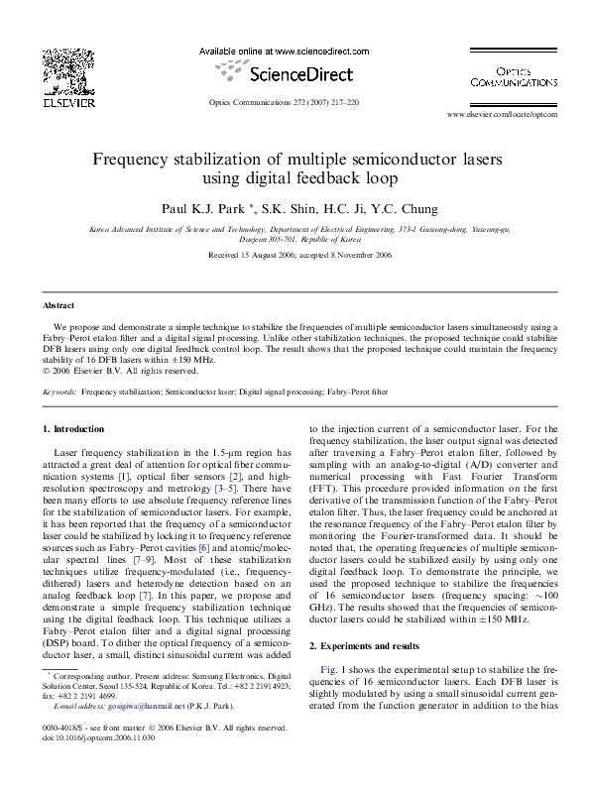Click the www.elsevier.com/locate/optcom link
tap(503, 115)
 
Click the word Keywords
tap(60, 393)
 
